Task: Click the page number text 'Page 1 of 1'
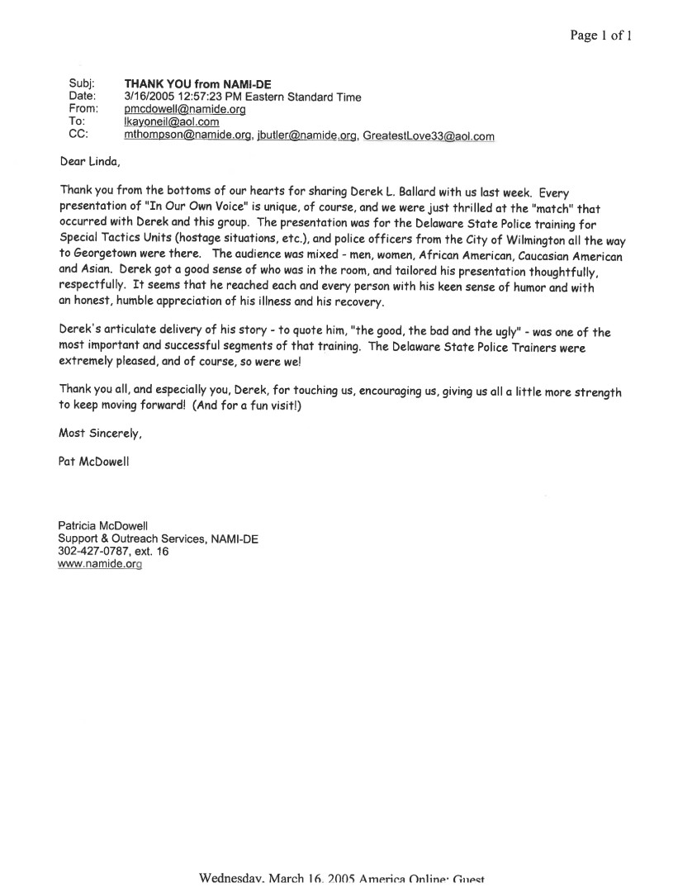[600, 36]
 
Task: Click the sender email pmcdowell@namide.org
[173, 109]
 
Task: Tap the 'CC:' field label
[80, 135]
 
